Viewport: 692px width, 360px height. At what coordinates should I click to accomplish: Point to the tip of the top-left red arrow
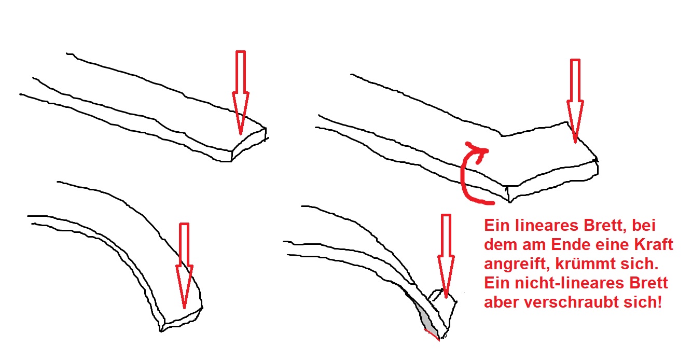(x=241, y=135)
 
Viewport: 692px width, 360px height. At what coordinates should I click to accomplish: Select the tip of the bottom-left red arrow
(x=185, y=308)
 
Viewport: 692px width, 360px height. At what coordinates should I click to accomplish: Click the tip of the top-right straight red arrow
(x=575, y=143)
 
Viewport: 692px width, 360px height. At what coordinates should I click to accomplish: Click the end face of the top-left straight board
(x=249, y=144)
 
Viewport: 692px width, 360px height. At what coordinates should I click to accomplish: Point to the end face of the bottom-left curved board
(x=182, y=320)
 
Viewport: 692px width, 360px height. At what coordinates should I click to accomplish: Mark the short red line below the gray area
(x=432, y=335)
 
